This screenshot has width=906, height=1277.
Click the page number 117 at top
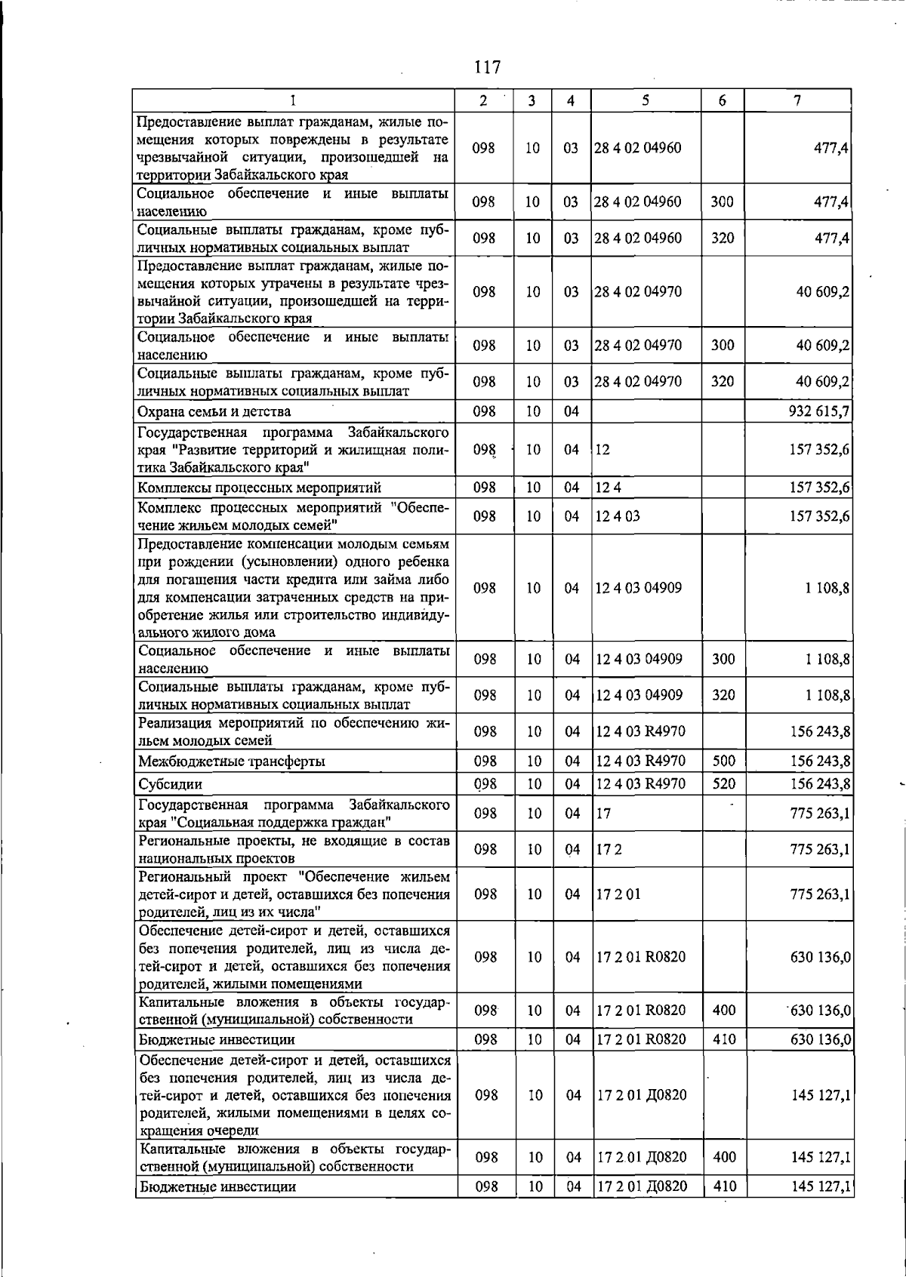pyautogui.click(x=487, y=68)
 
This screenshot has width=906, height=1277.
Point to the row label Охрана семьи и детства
pyautogui.click(x=214, y=412)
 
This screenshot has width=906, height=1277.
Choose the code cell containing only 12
pyautogui.click(x=602, y=450)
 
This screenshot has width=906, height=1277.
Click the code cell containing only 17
pyautogui.click(x=602, y=814)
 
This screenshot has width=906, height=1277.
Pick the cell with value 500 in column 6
pyautogui.click(x=723, y=762)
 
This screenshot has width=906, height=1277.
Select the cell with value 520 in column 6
pyautogui.click(x=723, y=784)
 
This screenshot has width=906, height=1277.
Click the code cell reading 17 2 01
pyautogui.click(x=618, y=894)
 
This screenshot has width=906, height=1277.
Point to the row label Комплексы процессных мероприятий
pyautogui.click(x=259, y=488)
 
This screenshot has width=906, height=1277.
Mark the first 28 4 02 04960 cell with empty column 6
pyautogui.click(x=637, y=148)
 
